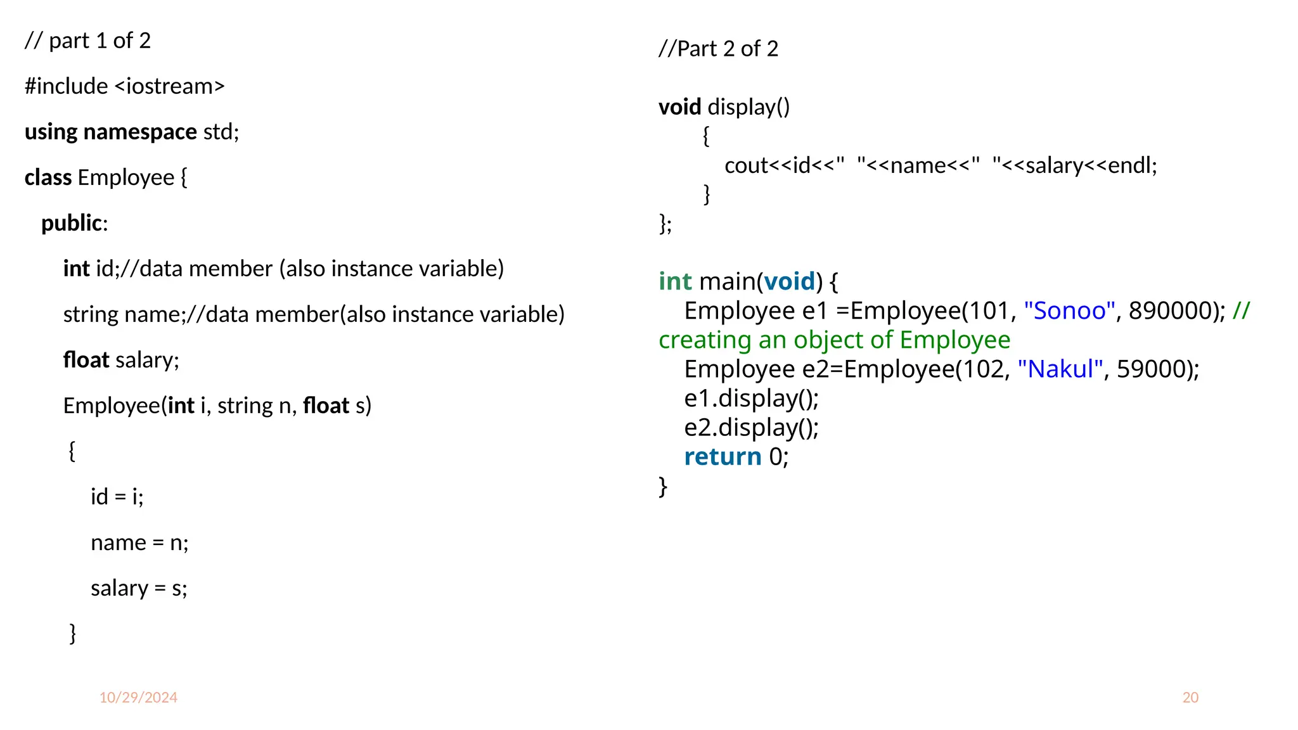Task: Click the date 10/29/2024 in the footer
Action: click(138, 698)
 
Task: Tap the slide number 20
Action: click(1190, 698)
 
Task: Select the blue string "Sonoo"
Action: click(1069, 311)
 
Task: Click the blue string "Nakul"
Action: click(1060, 369)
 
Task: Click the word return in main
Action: click(723, 456)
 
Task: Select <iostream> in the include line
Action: click(170, 86)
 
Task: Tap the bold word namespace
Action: click(140, 132)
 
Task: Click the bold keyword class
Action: click(48, 177)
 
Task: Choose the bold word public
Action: click(72, 223)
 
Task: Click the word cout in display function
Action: click(747, 165)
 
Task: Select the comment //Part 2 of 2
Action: click(718, 49)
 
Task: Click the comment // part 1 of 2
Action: click(87, 41)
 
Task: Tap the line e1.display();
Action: click(751, 398)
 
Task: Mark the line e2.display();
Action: click(751, 427)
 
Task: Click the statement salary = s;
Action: click(139, 588)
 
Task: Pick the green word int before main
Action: click(675, 281)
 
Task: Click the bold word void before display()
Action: click(679, 107)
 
